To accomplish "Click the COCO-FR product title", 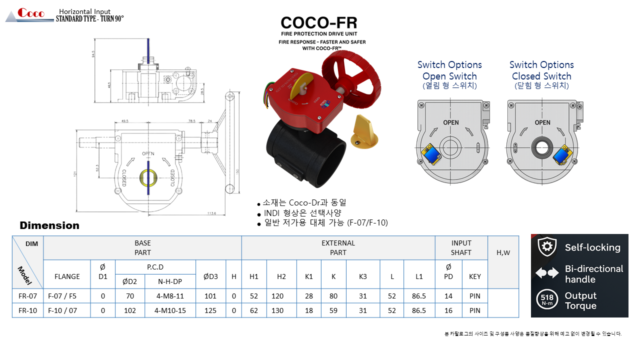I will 319,23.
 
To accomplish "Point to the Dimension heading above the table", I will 49,225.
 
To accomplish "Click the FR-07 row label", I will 28,296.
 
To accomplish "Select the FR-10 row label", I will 28,310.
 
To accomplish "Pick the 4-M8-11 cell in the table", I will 170,296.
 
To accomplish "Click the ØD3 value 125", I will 210,310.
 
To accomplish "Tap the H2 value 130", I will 277,310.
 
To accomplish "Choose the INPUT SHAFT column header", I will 461,247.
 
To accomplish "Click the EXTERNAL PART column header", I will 338,247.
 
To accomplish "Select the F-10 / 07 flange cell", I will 67,310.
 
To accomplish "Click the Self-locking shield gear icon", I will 547,247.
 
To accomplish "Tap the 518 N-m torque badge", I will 546,301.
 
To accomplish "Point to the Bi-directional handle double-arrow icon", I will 547,273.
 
